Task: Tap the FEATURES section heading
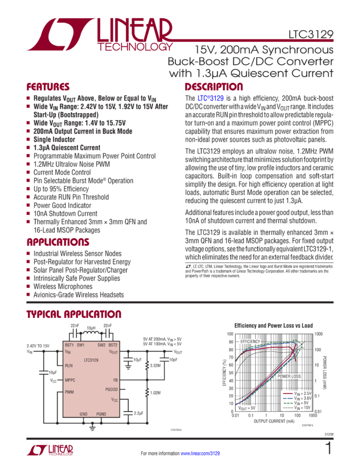48,87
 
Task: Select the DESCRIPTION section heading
213,87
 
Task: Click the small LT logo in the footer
50,450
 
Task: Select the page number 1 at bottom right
328,448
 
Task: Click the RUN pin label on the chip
69,365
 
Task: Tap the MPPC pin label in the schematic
70,379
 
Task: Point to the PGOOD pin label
111,389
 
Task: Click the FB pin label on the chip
115,379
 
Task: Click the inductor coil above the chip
91,333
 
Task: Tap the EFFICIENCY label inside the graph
250,342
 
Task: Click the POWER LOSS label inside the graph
288,377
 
